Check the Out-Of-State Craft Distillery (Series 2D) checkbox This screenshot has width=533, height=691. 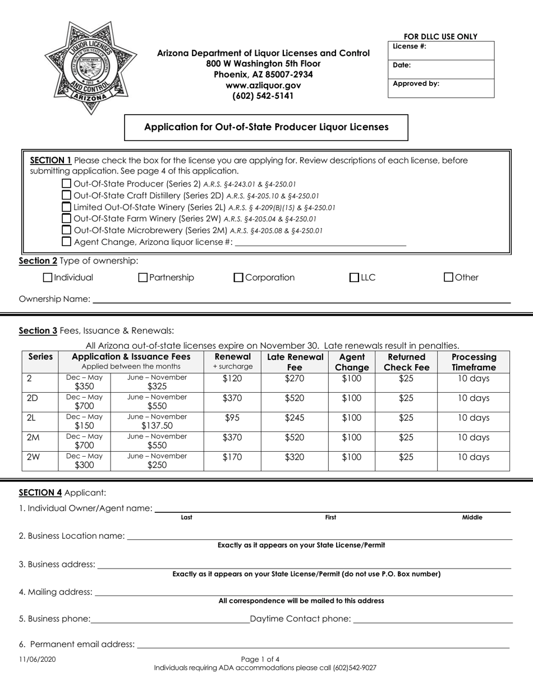[x=66, y=196]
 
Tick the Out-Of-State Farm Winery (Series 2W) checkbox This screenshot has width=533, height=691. [x=66, y=219]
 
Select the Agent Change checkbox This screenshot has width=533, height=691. [x=66, y=242]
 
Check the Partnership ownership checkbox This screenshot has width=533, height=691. [x=143, y=278]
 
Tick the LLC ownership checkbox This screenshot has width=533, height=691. [x=354, y=278]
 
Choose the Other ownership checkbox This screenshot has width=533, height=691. [x=448, y=278]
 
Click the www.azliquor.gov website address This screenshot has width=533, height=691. [x=263, y=85]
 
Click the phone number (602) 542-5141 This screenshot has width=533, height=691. [x=263, y=96]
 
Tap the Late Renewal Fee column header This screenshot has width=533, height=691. [x=295, y=362]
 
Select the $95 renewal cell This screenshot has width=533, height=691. [x=232, y=418]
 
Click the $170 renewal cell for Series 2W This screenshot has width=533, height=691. [x=232, y=457]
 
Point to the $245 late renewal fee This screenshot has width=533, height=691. [x=295, y=418]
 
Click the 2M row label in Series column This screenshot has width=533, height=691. [x=33, y=438]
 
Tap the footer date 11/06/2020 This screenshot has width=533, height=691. [x=37, y=660]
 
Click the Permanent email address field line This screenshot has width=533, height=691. [x=323, y=644]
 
